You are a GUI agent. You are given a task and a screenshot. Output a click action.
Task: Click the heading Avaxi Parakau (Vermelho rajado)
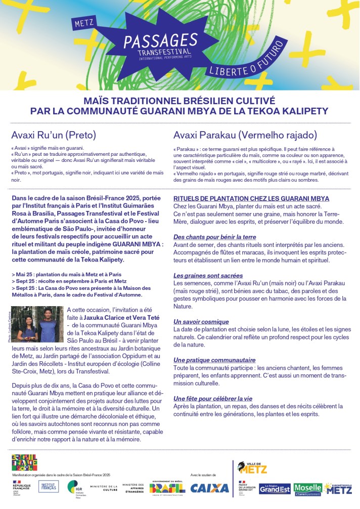pyautogui.click(x=245, y=135)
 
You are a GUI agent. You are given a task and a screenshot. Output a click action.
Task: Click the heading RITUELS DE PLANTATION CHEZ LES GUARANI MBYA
pyautogui.click(x=251, y=198)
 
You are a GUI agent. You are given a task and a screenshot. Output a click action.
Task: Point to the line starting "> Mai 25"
pyautogui.click(x=66, y=274)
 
